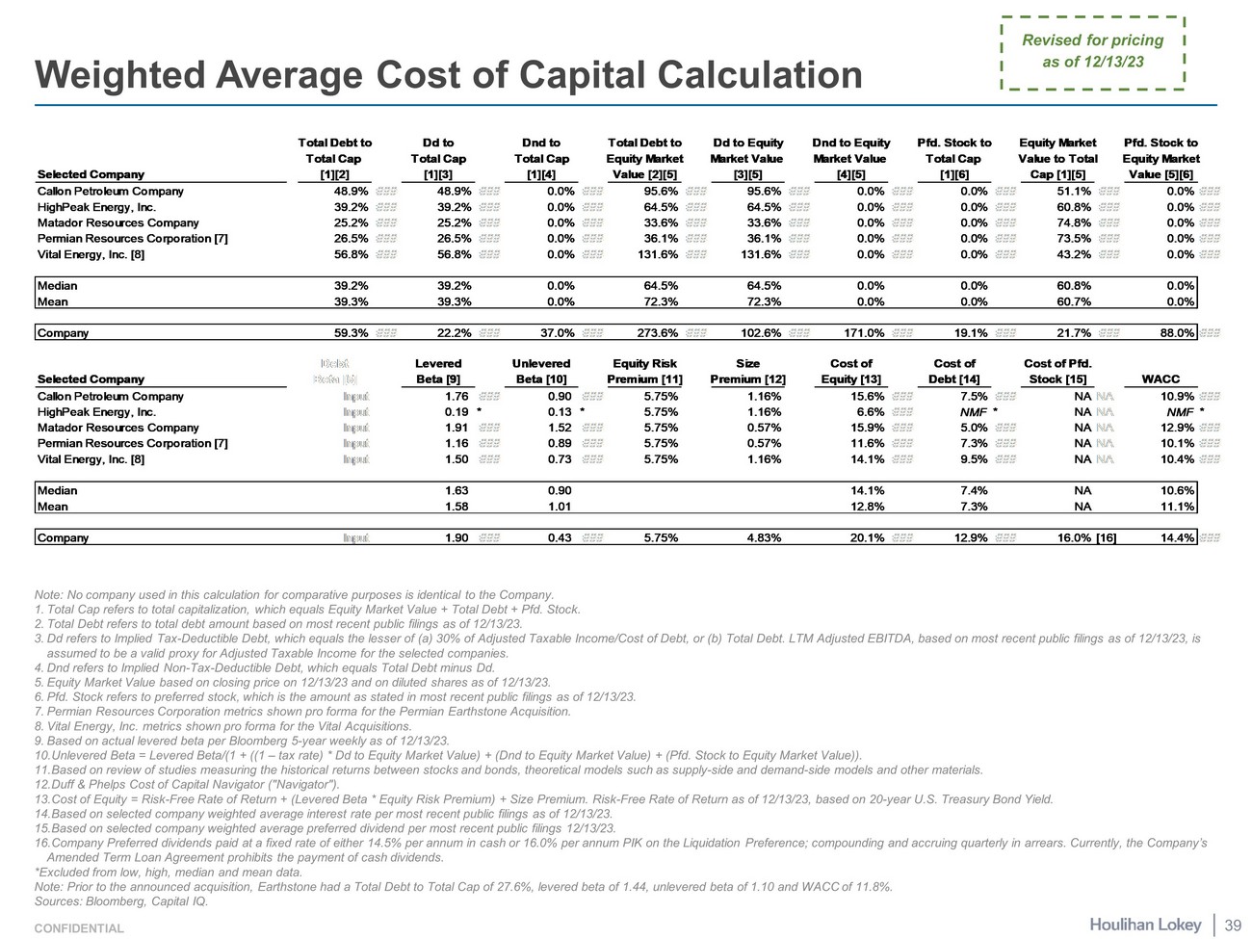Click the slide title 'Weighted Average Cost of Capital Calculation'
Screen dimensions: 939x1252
448,75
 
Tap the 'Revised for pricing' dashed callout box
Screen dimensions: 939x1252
1092,52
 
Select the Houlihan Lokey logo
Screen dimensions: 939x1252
1145,925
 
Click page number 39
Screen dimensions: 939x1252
1232,926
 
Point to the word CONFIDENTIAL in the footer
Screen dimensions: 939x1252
79,928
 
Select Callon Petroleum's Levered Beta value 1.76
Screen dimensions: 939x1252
456,396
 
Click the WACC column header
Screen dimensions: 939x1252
1160,379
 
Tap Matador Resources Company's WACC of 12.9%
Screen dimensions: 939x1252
1177,428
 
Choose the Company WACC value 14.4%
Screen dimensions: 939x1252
1178,538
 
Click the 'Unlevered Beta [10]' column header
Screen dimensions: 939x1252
541,372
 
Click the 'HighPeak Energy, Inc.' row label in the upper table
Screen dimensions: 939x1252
96,207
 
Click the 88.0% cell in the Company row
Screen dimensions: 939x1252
1175,333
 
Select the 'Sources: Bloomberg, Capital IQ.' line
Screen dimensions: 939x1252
120,901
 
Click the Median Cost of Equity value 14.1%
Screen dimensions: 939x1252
867,490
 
